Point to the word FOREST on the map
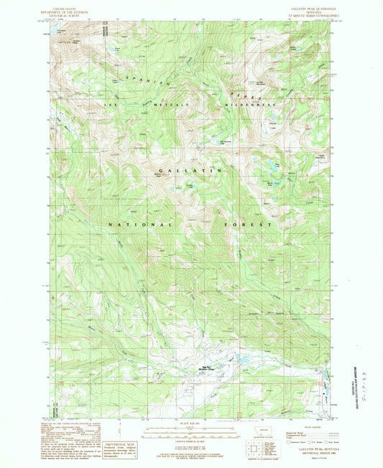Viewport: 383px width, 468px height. (249, 225)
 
